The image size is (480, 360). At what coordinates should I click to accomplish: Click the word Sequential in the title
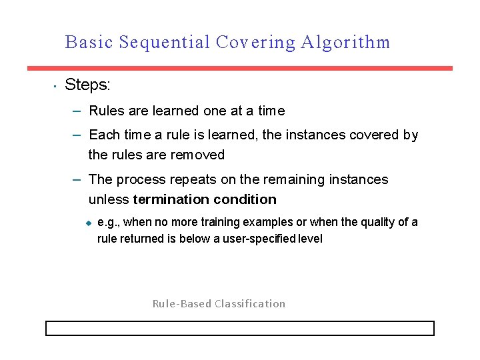coord(163,43)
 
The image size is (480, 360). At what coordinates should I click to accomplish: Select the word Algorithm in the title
coord(345,43)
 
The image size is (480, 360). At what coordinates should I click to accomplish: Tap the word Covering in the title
coord(255,43)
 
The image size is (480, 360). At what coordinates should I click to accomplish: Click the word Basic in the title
coord(89,43)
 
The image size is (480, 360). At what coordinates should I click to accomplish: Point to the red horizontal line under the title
coord(239,68)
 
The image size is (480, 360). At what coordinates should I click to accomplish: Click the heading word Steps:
coord(87,85)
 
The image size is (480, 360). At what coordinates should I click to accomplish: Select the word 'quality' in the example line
coord(377,222)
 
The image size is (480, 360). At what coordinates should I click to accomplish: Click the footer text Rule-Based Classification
coord(219,304)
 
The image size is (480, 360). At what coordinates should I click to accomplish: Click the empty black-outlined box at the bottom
coord(239,328)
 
